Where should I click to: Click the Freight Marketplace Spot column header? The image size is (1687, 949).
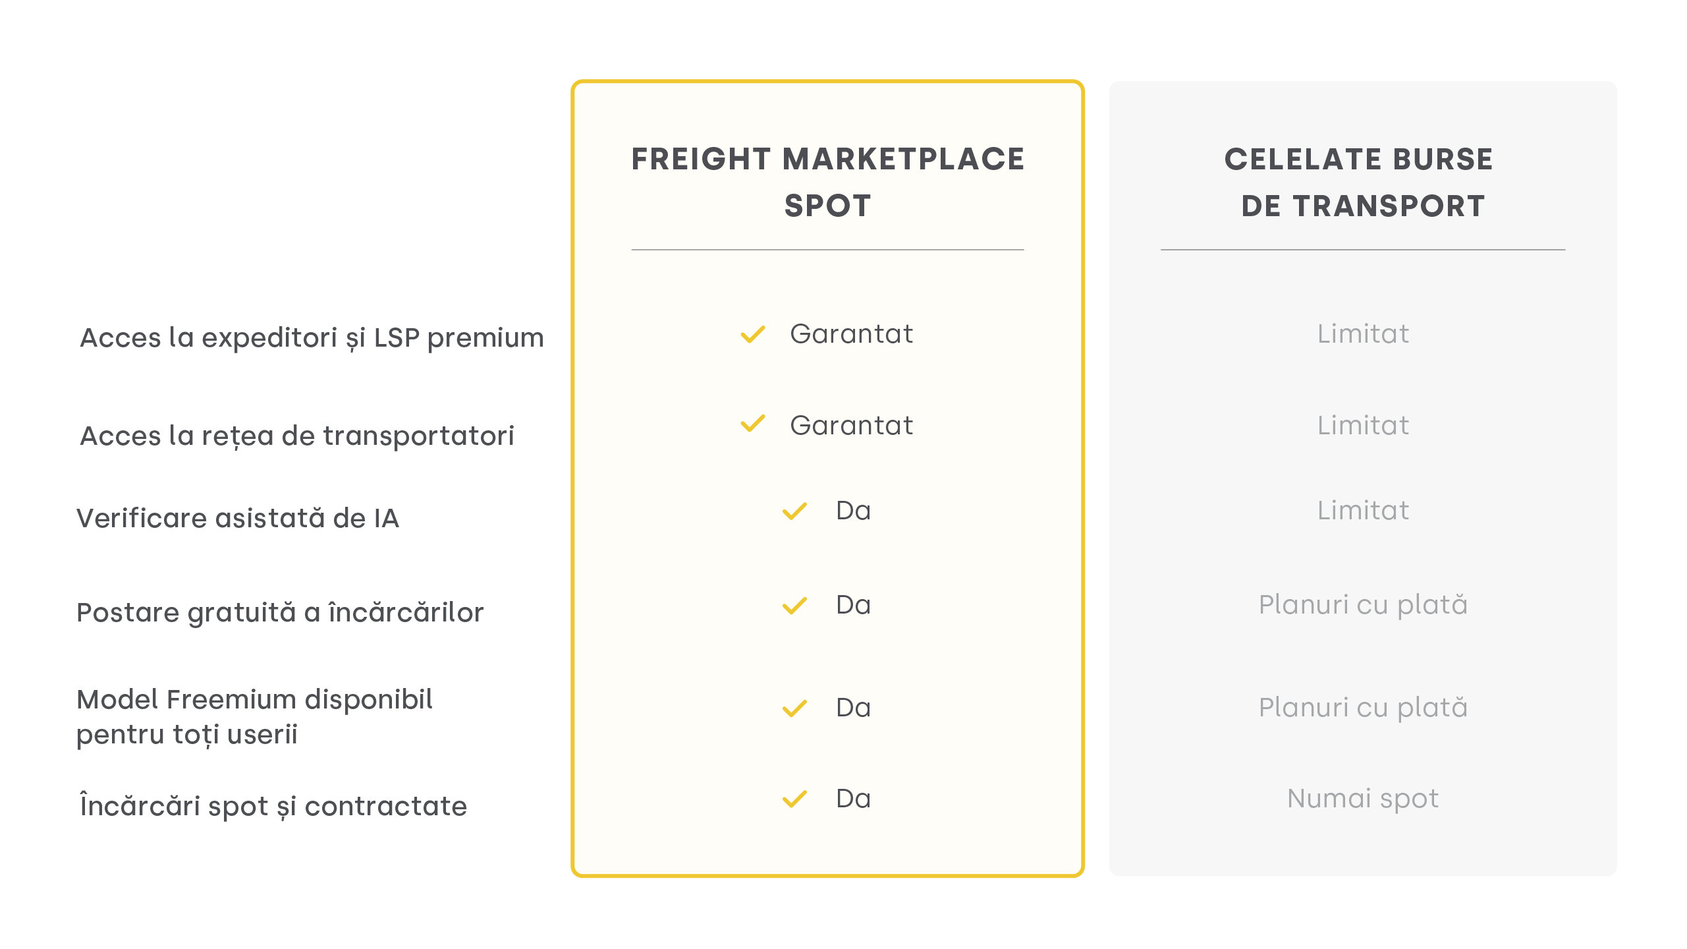click(827, 182)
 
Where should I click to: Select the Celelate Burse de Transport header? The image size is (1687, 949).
click(1359, 182)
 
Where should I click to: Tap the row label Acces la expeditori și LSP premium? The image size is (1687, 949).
click(312, 338)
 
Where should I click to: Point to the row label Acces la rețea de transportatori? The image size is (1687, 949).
click(296, 436)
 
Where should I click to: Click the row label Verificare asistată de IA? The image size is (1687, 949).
click(238, 518)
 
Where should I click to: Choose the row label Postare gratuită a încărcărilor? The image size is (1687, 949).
click(280, 612)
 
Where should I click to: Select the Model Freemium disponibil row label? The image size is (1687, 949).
click(254, 717)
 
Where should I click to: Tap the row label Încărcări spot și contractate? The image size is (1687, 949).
click(273, 806)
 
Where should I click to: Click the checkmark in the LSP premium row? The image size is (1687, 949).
click(753, 335)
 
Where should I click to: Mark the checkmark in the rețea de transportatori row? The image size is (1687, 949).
click(753, 424)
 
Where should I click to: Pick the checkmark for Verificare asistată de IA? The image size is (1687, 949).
click(794, 511)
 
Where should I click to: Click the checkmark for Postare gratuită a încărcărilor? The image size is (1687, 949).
click(794, 606)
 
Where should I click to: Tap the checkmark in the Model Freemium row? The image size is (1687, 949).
click(794, 708)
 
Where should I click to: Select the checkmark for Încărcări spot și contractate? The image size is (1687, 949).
click(794, 799)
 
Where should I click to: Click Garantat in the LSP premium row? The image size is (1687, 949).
click(852, 334)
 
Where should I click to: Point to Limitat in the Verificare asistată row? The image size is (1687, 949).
click(1363, 511)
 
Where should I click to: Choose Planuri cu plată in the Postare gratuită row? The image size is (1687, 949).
click(1363, 605)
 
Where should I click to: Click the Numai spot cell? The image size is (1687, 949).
click(1363, 799)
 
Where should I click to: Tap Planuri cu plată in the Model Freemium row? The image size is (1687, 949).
click(1363, 708)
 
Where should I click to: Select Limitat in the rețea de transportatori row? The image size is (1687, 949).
click(1363, 426)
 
